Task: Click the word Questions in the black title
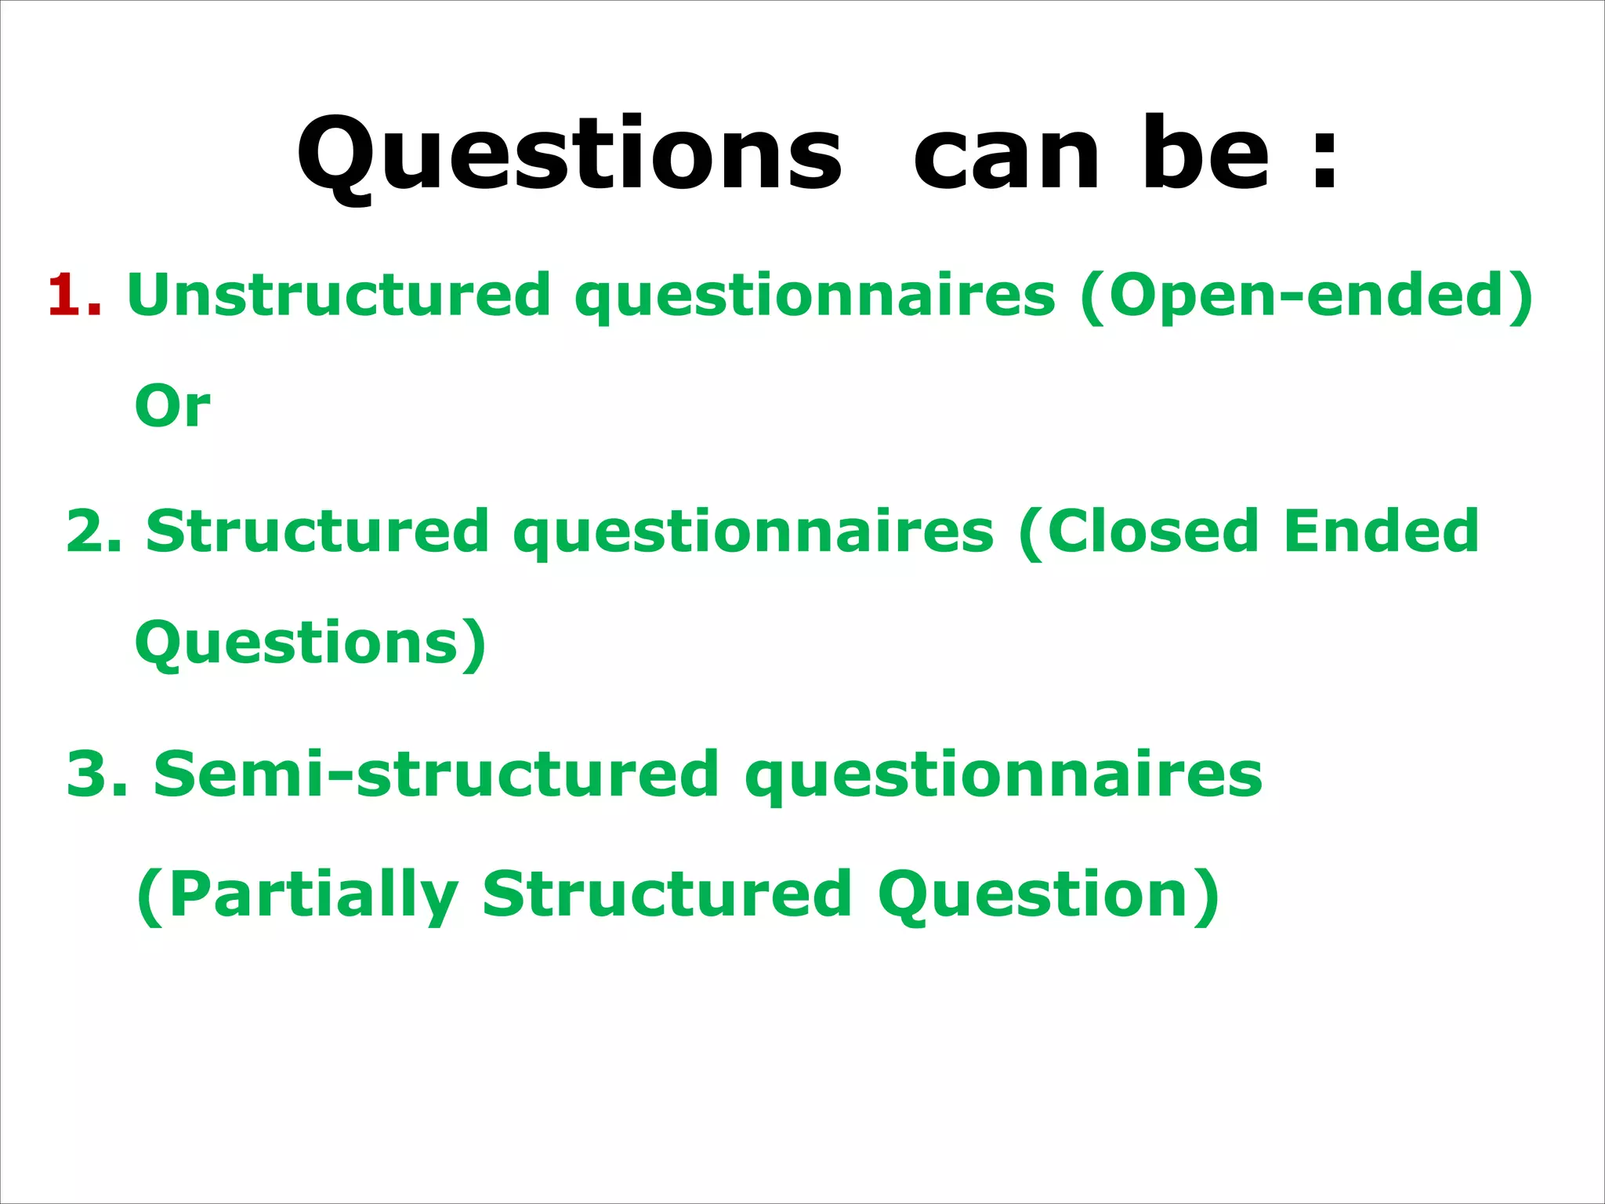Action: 569,154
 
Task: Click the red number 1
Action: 72,296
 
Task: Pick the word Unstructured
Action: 339,295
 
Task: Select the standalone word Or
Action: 172,407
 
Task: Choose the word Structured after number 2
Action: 317,531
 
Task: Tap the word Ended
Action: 1381,531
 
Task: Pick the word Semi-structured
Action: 436,774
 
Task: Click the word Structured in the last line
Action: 667,894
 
